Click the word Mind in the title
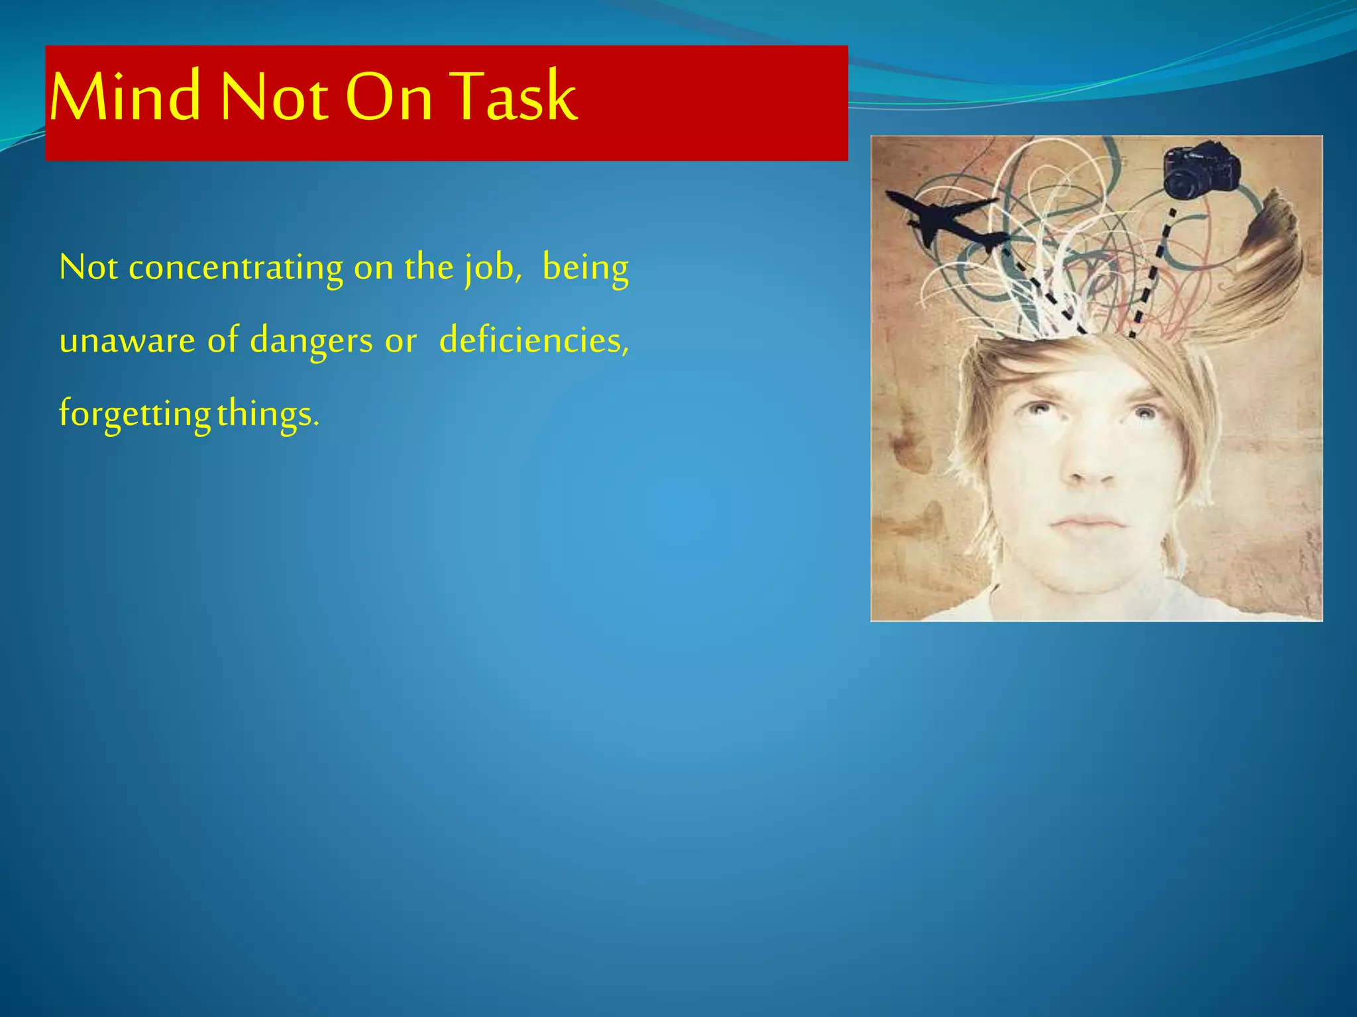point(125,97)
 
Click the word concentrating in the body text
point(236,268)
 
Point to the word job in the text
point(489,268)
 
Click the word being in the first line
point(585,268)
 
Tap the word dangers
point(311,341)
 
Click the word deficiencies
point(533,341)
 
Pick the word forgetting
point(135,414)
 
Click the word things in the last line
point(267,414)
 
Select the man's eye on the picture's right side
point(1144,414)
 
